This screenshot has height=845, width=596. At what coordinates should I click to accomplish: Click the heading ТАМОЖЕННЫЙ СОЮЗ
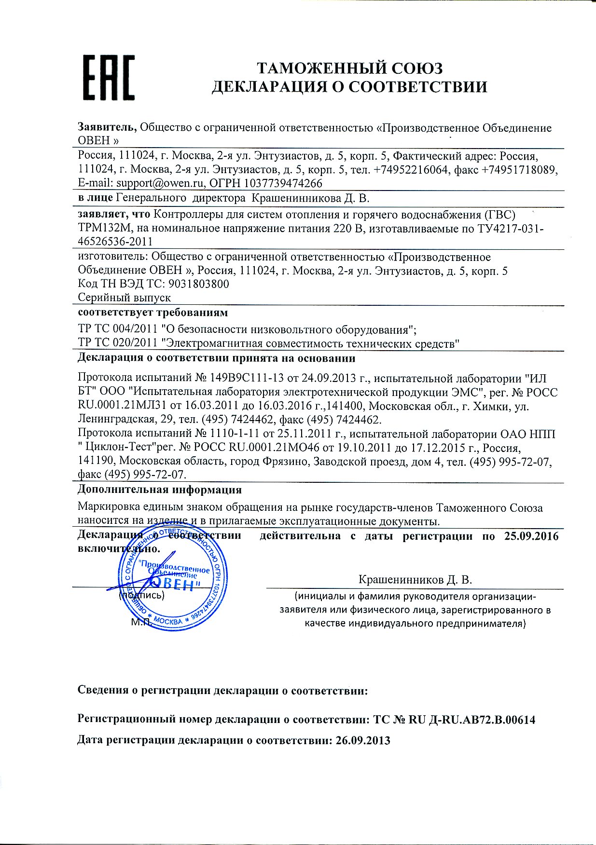point(349,68)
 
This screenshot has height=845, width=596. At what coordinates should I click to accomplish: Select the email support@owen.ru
point(162,183)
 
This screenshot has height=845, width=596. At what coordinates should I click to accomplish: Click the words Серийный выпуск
point(125,298)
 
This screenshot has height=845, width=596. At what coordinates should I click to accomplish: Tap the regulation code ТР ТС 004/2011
point(118,329)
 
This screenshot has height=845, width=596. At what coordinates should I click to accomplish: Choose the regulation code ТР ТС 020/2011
point(118,343)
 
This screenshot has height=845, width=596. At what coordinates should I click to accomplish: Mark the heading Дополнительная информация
point(159,490)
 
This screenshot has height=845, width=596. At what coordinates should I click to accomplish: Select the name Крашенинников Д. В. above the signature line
point(415,579)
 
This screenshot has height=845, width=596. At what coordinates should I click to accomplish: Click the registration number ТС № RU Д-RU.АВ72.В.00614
point(454,720)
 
